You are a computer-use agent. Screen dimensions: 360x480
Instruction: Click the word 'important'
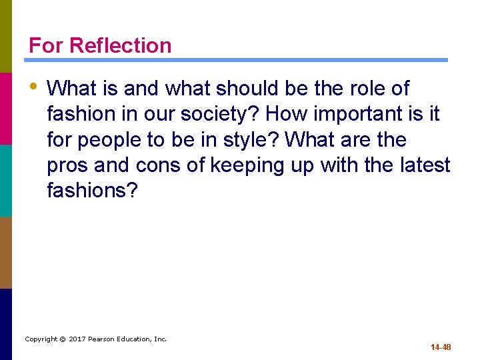(359, 114)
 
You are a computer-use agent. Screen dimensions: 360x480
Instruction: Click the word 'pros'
(68, 166)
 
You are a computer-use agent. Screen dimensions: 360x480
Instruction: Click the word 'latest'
(426, 166)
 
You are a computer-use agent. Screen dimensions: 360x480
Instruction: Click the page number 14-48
(441, 347)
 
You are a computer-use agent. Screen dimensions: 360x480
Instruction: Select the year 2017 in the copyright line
(79, 339)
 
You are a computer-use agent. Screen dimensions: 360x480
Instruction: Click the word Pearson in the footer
(105, 339)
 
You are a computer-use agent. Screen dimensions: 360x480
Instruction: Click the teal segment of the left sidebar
(6, 180)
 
